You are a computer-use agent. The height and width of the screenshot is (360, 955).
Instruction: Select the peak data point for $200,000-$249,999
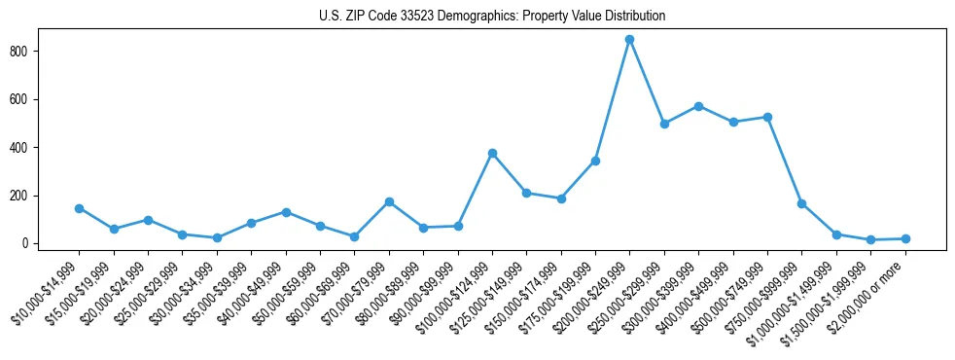pos(630,40)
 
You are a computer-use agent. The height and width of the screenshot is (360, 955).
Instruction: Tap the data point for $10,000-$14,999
pos(79,208)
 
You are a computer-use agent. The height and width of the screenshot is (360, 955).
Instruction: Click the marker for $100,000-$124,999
pos(492,153)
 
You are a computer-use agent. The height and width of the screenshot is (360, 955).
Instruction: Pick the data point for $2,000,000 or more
pos(905,238)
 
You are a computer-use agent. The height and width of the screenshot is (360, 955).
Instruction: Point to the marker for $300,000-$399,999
pos(698,106)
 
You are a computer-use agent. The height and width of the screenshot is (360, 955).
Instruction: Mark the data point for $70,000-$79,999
pos(389,201)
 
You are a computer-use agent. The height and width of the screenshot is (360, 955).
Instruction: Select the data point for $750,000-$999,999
pos(802,203)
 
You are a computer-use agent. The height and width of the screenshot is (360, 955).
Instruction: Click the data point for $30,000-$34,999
pos(217,237)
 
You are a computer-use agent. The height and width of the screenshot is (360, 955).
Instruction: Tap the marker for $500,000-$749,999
pos(767,117)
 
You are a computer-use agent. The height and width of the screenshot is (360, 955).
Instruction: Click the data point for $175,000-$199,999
pos(595,161)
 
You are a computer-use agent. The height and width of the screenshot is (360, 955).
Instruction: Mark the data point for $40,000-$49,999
pos(286,212)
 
